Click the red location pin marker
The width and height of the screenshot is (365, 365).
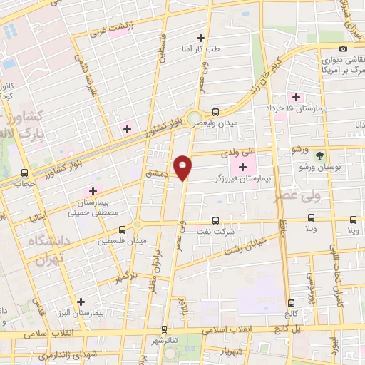tap(184, 168)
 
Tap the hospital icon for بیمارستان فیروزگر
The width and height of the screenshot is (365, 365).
tap(244, 167)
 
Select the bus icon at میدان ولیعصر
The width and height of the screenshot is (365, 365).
tap(215, 111)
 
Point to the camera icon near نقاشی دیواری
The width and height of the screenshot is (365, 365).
tap(344, 48)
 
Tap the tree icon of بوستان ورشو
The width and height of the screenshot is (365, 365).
tap(319, 154)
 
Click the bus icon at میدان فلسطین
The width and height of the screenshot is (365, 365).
tap(123, 230)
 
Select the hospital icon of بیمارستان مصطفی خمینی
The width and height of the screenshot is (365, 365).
tap(92, 191)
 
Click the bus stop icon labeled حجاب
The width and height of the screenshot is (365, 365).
tap(25, 173)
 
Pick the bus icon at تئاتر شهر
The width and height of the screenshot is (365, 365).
tap(165, 329)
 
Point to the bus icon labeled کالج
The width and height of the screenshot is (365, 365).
tap(291, 303)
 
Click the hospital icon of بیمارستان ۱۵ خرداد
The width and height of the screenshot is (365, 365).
tap(294, 97)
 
